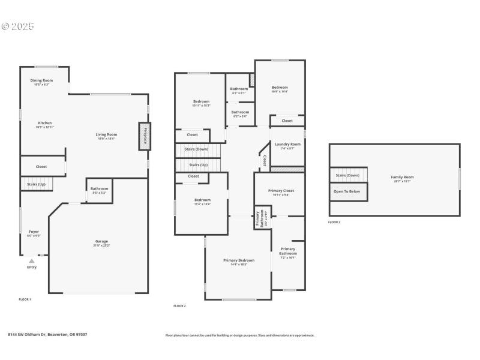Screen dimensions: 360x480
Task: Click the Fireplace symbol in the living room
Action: point(144,135)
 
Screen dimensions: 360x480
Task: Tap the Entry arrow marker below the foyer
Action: point(31,261)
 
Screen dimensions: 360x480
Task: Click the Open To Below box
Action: point(347,191)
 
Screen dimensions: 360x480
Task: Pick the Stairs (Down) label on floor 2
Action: point(196,149)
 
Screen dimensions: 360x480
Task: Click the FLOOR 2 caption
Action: point(179,306)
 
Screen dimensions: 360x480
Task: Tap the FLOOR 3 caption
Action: point(334,222)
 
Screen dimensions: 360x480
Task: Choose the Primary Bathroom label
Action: point(288,251)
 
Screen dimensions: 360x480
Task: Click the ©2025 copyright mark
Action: point(18,26)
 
